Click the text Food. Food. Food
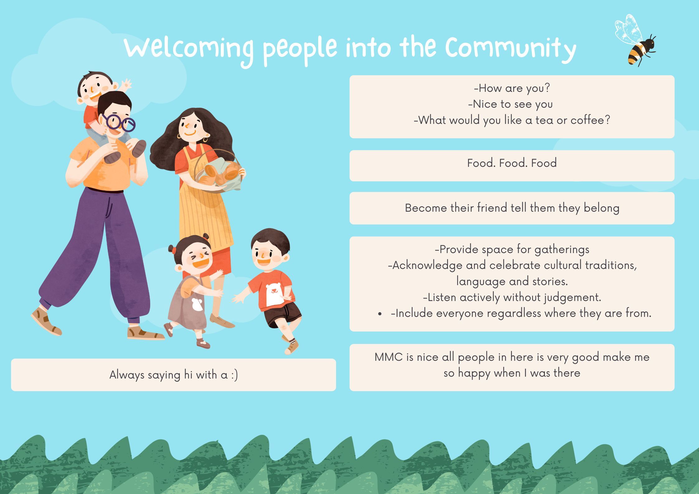coord(512,163)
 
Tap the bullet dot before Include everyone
coord(380,314)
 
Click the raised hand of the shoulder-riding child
coord(126,84)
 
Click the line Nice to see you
coord(510,104)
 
